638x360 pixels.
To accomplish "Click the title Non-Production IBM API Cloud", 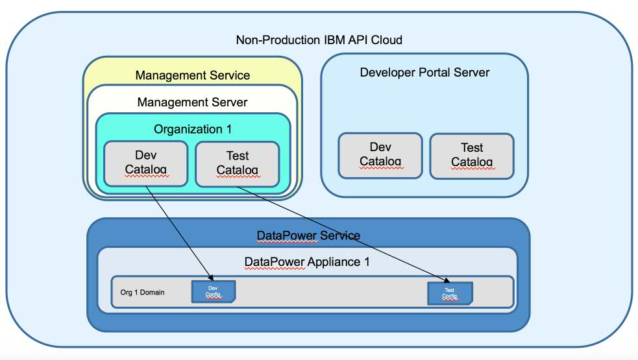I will pyautogui.click(x=319, y=40).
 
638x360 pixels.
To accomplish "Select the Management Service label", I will pyautogui.click(x=192, y=75).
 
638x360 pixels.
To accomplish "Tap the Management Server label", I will pyautogui.click(x=192, y=102).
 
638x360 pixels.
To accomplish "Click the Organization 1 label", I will pyautogui.click(x=192, y=129).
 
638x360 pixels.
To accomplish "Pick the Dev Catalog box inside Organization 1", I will pyautogui.click(x=146, y=163).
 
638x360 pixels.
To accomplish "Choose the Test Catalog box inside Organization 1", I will pyautogui.click(x=238, y=163).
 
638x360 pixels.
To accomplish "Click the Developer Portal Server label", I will pyautogui.click(x=424, y=72).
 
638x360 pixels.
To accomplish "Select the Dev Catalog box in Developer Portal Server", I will pyautogui.click(x=380, y=155).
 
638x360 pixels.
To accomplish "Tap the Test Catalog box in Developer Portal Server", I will pyautogui.click(x=472, y=155).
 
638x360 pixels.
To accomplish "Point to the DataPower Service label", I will pyautogui.click(x=308, y=235).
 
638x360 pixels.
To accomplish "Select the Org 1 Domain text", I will pyautogui.click(x=142, y=293).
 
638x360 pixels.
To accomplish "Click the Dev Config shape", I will pyautogui.click(x=213, y=292).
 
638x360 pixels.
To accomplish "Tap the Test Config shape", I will pyautogui.click(x=449, y=293).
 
